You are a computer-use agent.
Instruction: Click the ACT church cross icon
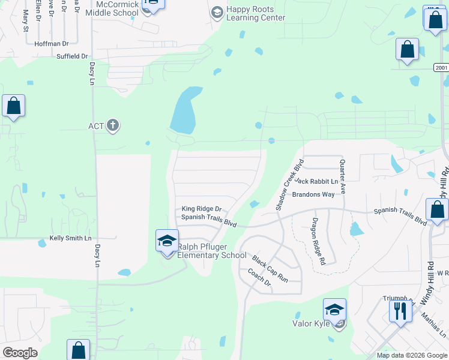(x=112, y=126)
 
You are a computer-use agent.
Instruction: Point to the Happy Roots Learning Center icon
(x=217, y=12)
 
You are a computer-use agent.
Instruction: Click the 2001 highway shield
(x=441, y=68)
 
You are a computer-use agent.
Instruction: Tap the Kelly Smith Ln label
(x=70, y=238)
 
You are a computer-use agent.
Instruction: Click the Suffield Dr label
(x=72, y=56)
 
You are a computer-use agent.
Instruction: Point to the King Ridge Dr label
(x=202, y=209)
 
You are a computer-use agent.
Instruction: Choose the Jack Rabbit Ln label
(x=317, y=181)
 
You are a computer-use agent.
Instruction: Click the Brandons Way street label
(x=313, y=194)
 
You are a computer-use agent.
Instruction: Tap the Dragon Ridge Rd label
(x=318, y=241)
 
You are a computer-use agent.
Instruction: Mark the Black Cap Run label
(x=270, y=269)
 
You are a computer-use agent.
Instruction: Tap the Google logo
(x=20, y=353)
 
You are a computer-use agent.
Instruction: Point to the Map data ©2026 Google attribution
(x=412, y=355)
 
